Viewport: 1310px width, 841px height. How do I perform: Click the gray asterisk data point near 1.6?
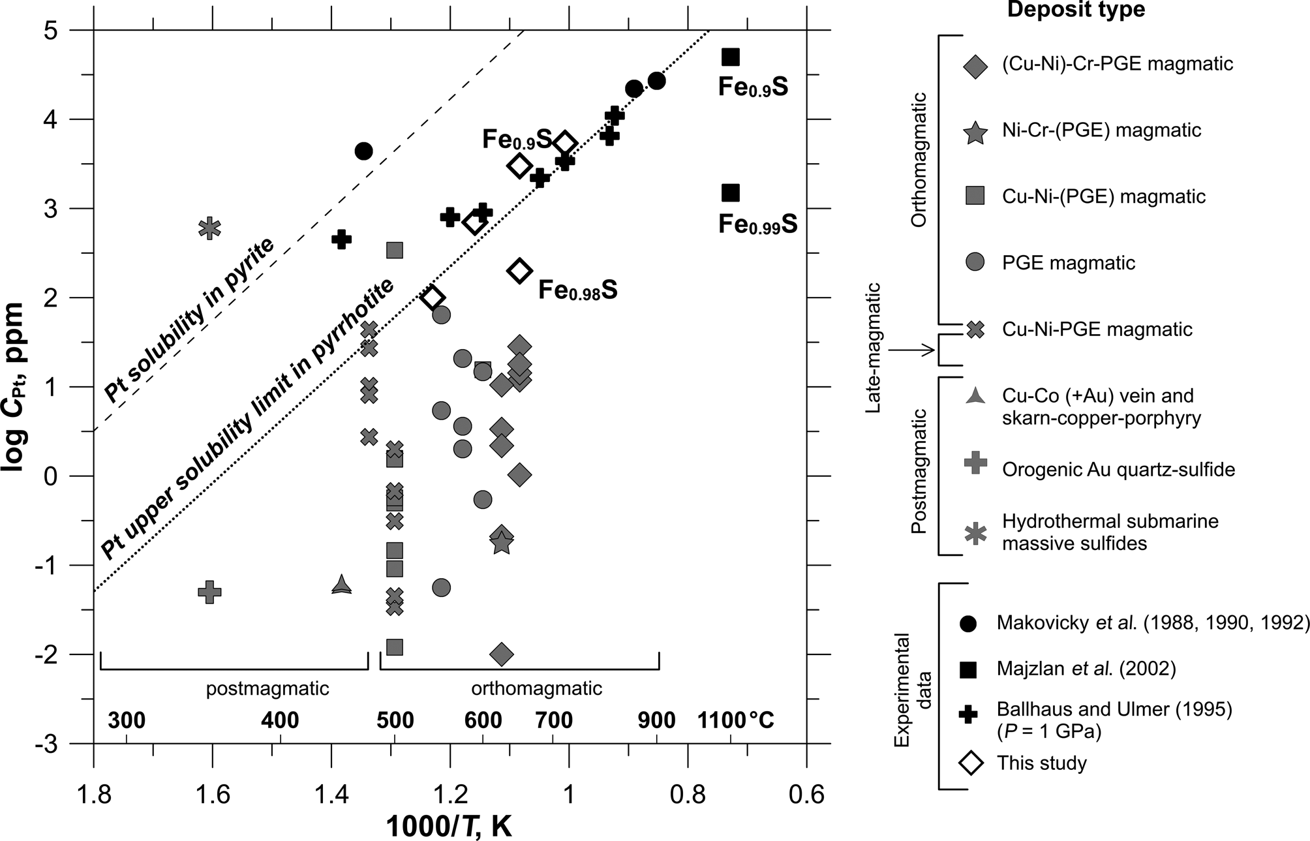pos(209,228)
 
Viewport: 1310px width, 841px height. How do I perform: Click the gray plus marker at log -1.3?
pos(209,592)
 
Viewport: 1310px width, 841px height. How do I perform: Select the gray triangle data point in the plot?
pos(341,585)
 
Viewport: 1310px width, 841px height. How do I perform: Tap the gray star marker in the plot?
pos(501,542)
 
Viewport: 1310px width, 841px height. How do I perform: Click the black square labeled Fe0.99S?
pos(731,192)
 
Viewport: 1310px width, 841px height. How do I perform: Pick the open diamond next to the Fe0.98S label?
pos(519,270)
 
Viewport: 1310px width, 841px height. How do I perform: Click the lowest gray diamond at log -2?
pos(501,654)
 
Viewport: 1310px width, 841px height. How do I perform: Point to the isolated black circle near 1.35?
pos(363,151)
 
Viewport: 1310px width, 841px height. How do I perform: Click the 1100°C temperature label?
pos(735,720)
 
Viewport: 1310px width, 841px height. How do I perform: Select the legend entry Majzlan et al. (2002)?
pos(1086,669)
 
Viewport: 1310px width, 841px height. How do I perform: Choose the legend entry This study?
pos(1041,763)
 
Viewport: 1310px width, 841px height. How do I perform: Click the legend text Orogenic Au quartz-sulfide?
pos(1118,469)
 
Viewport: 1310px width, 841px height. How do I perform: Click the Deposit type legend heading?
pos(1076,10)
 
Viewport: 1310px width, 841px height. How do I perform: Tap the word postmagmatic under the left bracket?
pos(267,688)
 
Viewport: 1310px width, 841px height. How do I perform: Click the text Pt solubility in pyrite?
pos(189,320)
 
